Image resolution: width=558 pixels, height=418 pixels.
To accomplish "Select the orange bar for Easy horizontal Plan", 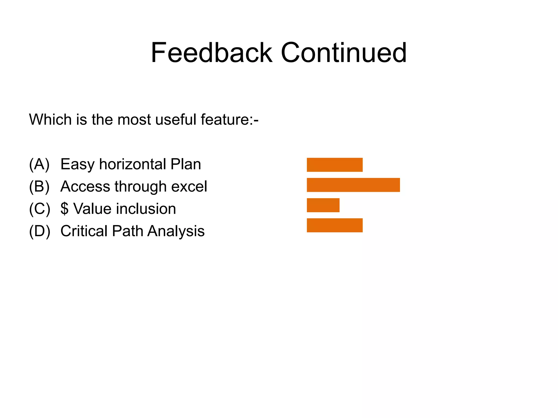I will [335, 165].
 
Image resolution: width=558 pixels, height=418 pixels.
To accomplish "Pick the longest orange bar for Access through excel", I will [353, 185].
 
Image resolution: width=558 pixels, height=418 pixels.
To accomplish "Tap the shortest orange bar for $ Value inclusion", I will [323, 205].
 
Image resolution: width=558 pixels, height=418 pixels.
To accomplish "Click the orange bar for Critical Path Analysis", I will [335, 225].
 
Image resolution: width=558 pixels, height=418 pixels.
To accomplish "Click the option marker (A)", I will [40, 164].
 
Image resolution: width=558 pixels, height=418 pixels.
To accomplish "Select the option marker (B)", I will [40, 186].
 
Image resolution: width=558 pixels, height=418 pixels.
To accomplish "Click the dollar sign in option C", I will [64, 209].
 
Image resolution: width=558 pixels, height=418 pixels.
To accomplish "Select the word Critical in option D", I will [84, 231].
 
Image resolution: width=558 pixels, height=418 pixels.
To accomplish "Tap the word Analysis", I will [176, 231].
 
